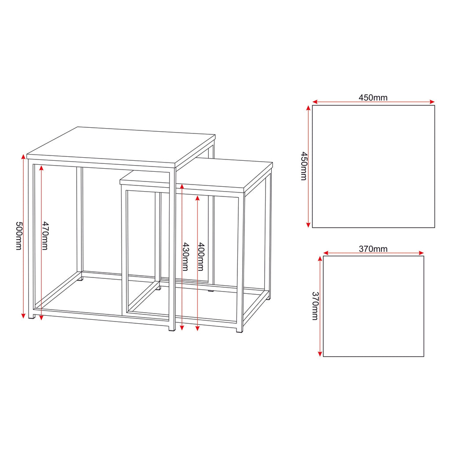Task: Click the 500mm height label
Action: [x=18, y=236]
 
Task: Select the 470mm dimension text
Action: [x=45, y=236]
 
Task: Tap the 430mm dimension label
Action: [x=186, y=257]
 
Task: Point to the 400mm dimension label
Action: [x=201, y=257]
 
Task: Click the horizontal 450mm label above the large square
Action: [x=373, y=98]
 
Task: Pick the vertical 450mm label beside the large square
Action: [x=304, y=166]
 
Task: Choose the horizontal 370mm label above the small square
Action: [x=373, y=249]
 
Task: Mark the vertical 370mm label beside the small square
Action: [x=315, y=306]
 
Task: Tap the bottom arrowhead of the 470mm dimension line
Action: [x=41, y=317]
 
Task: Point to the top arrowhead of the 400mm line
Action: [x=197, y=199]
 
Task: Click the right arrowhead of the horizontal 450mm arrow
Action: [x=432, y=102]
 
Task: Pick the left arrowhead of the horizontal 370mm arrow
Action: [x=326, y=253]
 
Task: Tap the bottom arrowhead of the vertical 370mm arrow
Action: [x=320, y=354]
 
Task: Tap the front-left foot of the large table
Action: [x=32, y=316]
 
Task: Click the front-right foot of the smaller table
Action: [x=240, y=330]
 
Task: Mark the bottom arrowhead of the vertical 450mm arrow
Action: [x=308, y=225]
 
